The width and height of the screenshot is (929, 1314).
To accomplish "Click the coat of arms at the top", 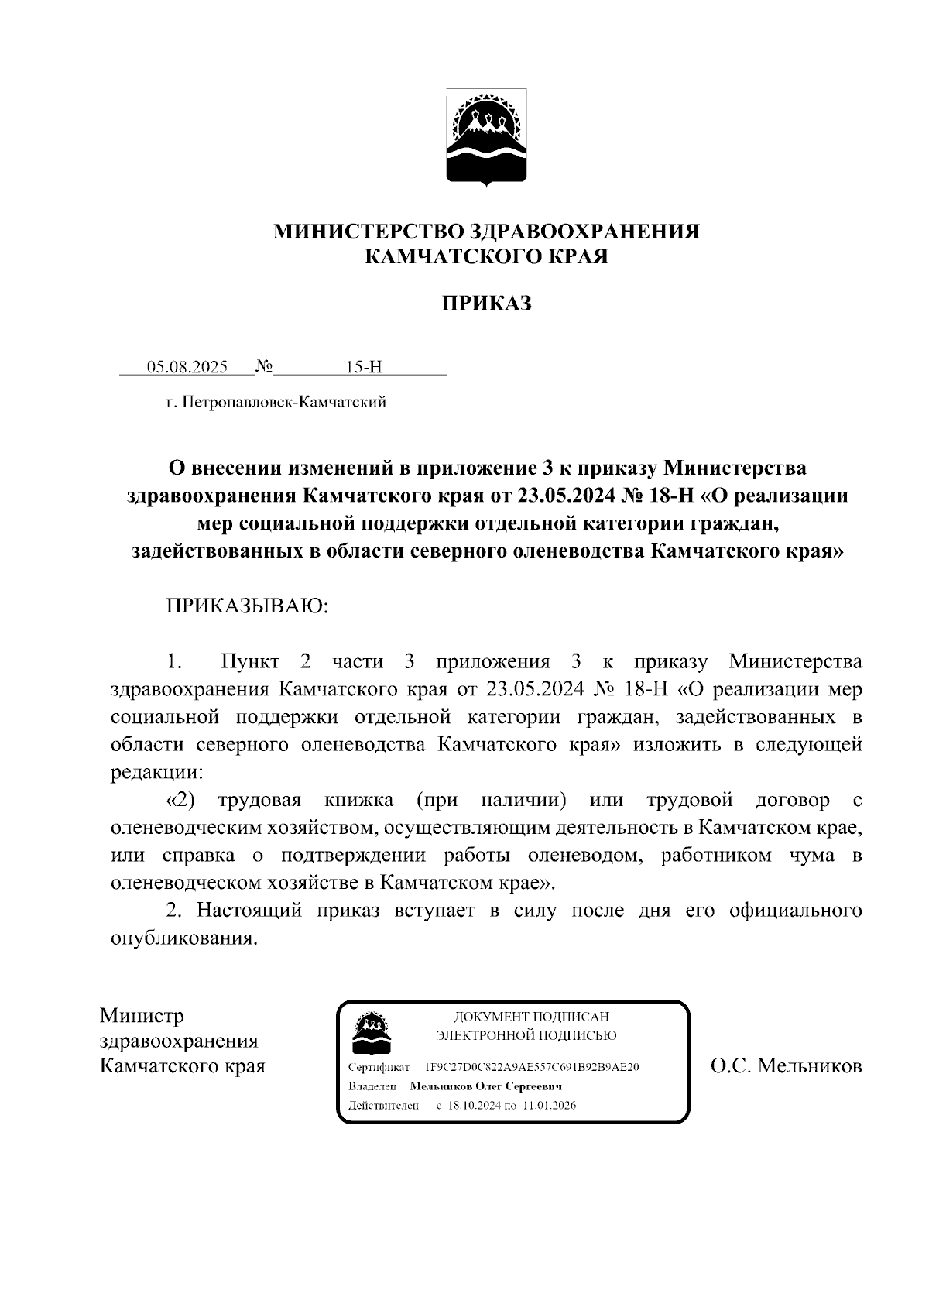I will pyautogui.click(x=486, y=138).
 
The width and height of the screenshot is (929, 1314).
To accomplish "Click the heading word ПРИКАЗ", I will pyautogui.click(x=486, y=304).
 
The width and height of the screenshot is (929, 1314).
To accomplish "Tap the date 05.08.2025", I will pyautogui.click(x=187, y=367).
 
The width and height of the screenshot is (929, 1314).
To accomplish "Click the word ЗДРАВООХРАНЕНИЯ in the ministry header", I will pyautogui.click(x=585, y=232).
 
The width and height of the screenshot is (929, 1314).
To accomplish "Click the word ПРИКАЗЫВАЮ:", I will pyautogui.click(x=248, y=606).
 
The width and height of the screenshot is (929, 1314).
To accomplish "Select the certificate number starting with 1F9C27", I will pyautogui.click(x=532, y=1067).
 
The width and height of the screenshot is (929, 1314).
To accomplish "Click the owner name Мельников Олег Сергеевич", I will pyautogui.click(x=485, y=1086).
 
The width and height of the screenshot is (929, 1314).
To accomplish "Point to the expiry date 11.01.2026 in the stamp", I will pyautogui.click(x=549, y=1106).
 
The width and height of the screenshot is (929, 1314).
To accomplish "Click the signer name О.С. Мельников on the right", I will pyautogui.click(x=786, y=1067).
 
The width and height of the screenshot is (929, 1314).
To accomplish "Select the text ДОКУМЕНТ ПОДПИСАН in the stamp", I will pyautogui.click(x=531, y=1017).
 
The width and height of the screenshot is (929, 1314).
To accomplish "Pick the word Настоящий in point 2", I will pyautogui.click(x=249, y=911).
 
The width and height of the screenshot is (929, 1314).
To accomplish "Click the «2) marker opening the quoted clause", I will pyautogui.click(x=180, y=800).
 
